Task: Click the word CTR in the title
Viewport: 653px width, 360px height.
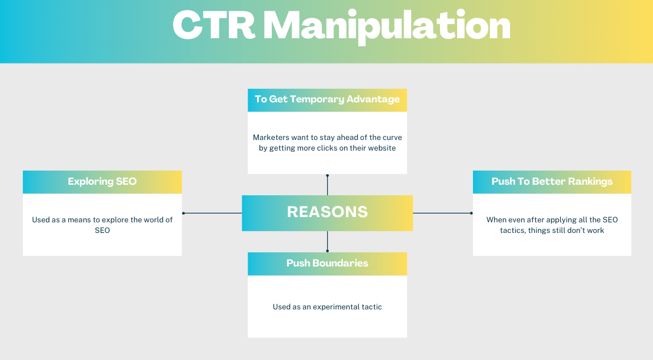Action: click(215, 26)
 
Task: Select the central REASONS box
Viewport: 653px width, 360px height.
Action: click(327, 212)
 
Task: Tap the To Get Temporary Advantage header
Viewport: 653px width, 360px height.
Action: click(327, 99)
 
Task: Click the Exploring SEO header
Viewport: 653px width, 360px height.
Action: click(102, 181)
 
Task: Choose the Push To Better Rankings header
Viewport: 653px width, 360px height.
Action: click(552, 181)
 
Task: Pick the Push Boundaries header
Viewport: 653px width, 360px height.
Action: click(327, 263)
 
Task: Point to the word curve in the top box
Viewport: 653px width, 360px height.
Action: click(391, 137)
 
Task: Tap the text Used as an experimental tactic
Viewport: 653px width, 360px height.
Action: click(327, 306)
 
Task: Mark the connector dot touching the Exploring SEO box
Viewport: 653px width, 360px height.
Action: click(184, 213)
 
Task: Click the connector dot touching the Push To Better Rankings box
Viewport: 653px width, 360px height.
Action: click(471, 213)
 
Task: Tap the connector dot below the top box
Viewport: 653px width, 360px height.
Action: click(327, 175)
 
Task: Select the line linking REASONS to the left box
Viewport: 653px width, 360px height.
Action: click(213, 213)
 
